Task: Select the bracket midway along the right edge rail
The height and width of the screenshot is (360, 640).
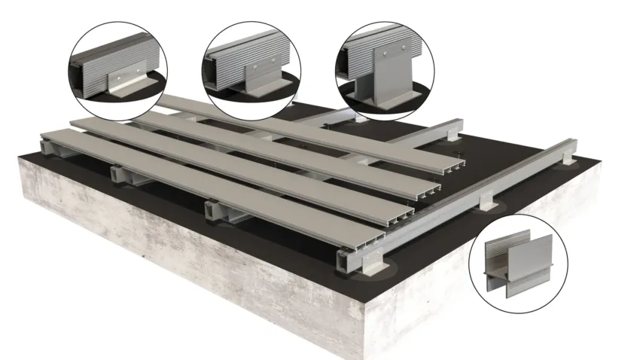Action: point(489,201)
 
